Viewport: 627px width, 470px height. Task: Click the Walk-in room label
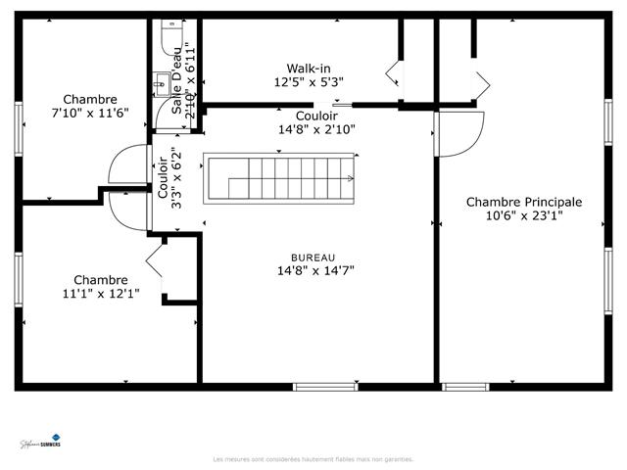click(x=309, y=69)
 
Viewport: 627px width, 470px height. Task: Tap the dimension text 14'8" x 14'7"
click(x=313, y=271)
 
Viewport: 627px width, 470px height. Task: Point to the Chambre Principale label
click(x=523, y=202)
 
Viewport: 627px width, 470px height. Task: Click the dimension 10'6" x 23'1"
click(x=523, y=217)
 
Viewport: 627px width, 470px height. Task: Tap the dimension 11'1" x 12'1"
click(x=101, y=293)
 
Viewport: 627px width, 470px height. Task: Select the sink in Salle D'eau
click(x=160, y=86)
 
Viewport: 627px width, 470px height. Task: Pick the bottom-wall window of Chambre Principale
click(x=465, y=387)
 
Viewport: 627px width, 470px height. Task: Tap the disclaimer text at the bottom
click(x=313, y=458)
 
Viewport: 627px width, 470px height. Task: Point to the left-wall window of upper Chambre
click(x=18, y=127)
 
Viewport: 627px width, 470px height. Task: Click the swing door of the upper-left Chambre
click(x=127, y=166)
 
